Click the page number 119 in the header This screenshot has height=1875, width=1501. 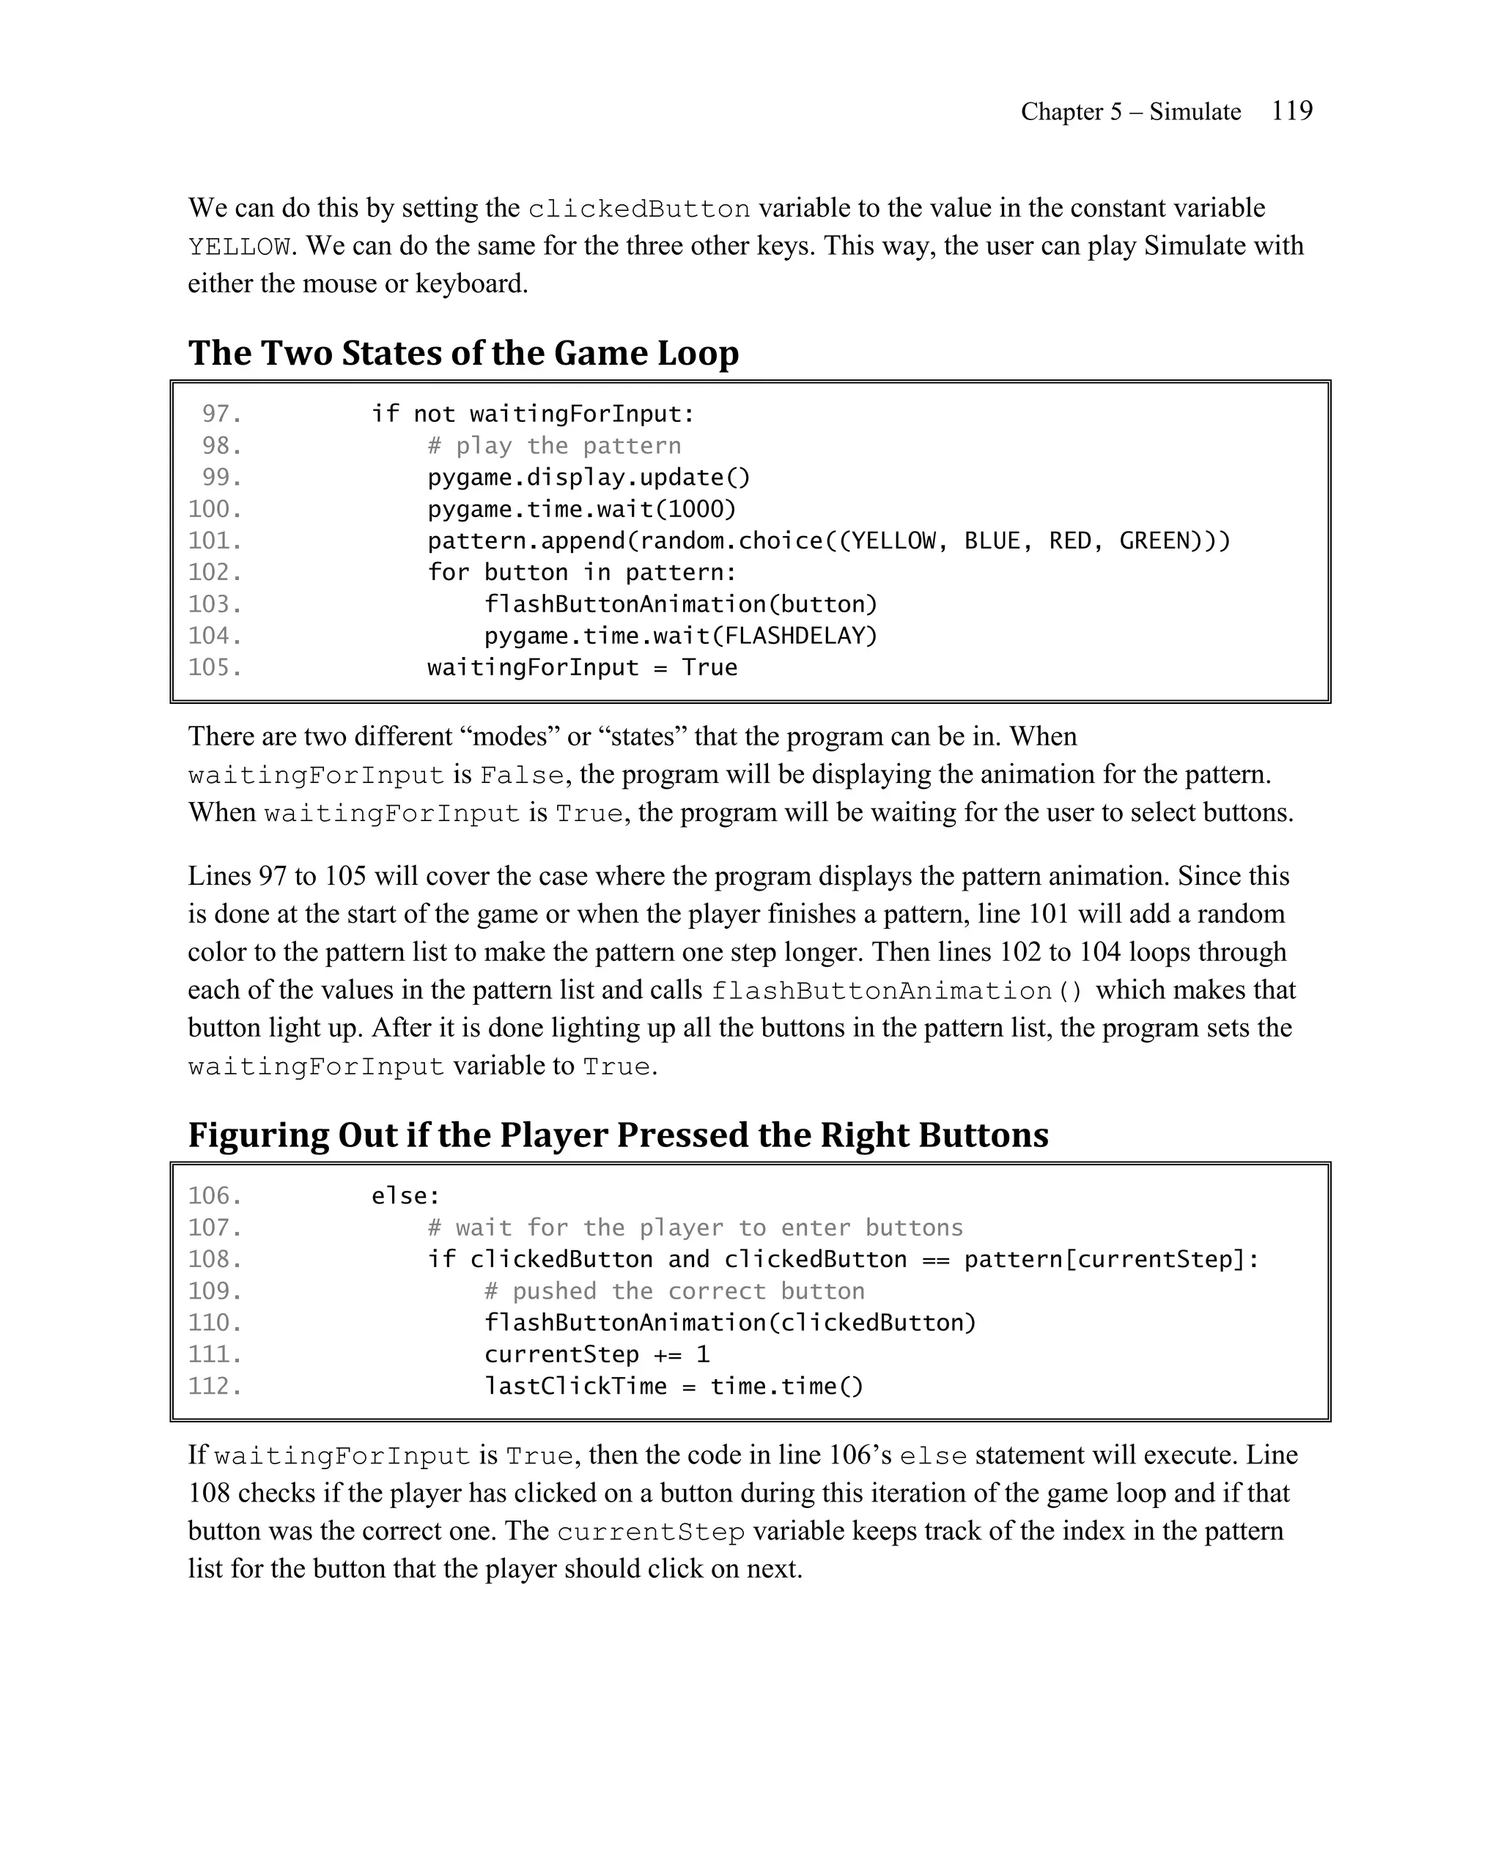(1291, 111)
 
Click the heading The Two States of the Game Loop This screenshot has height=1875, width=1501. (463, 353)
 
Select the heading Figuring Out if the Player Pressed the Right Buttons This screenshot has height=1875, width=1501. (618, 1135)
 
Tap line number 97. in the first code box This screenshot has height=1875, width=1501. (222, 414)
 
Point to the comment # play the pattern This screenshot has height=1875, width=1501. (554, 446)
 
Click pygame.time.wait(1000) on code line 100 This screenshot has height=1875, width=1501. (581, 510)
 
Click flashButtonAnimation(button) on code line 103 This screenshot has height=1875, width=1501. (680, 604)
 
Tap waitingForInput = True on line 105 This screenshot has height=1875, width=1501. (581, 668)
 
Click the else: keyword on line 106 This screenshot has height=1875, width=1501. (405, 1197)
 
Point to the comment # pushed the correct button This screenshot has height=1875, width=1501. (674, 1291)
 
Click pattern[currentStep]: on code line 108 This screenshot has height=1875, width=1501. (1111, 1259)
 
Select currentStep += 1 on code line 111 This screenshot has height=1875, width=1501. (596, 1355)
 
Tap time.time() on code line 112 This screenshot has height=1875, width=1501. (786, 1386)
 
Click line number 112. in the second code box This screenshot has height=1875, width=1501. (215, 1386)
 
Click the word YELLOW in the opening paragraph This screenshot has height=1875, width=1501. (238, 247)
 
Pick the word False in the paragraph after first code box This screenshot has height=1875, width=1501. (521, 775)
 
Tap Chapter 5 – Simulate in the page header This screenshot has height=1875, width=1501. (1129, 112)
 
